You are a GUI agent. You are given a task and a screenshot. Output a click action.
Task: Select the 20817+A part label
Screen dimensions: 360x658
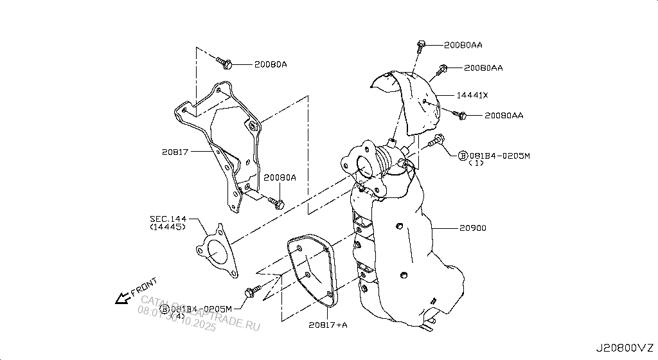click(x=327, y=325)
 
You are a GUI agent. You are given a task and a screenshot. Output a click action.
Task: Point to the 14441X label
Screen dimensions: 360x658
click(x=472, y=95)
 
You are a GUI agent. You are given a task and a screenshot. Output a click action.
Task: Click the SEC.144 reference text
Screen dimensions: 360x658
click(x=168, y=219)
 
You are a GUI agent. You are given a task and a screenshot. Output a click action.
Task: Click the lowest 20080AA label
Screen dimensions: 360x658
click(x=504, y=116)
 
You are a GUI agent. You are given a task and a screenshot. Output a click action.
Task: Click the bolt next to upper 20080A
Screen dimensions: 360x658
click(x=224, y=63)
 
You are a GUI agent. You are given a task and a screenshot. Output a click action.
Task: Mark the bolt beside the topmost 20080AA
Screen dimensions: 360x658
click(x=421, y=44)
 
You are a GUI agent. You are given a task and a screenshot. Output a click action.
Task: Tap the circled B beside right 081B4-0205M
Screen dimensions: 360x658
click(x=463, y=156)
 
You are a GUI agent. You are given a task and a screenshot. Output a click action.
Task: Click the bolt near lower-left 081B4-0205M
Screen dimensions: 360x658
click(x=251, y=291)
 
